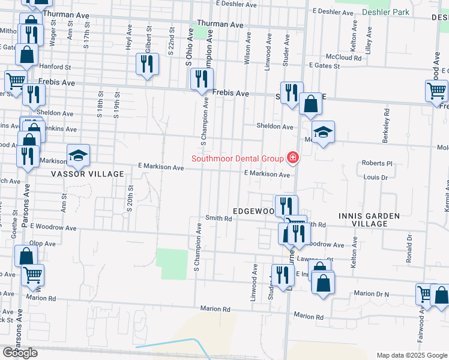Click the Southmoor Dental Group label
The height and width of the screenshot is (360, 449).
[x=237, y=158]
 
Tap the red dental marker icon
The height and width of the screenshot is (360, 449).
[x=292, y=158]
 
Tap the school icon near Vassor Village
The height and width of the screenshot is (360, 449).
[x=77, y=156]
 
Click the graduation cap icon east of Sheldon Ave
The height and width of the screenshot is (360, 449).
[x=323, y=133]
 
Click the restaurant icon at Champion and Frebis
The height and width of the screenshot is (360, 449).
[x=202, y=79]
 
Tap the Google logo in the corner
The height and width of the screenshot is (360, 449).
[x=20, y=353]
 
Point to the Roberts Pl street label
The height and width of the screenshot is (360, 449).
[x=376, y=163]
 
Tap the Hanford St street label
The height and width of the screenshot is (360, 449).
[x=55, y=67]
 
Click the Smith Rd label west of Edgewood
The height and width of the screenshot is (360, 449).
[x=218, y=218]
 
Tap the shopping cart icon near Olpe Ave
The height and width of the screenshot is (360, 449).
[x=33, y=274]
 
